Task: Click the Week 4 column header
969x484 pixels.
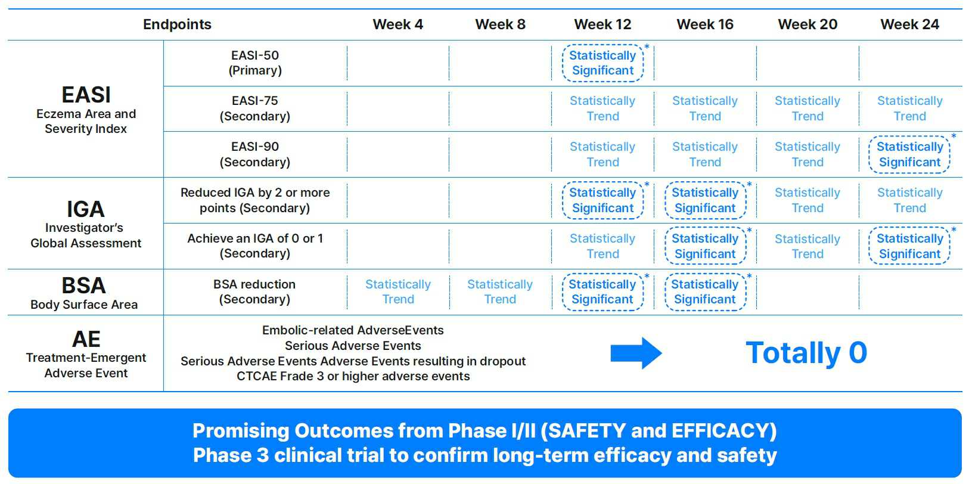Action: pyautogui.click(x=397, y=24)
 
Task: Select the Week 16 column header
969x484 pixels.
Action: pyautogui.click(x=704, y=24)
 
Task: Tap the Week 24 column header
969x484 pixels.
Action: pyautogui.click(x=910, y=24)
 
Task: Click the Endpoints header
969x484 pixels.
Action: pyautogui.click(x=177, y=24)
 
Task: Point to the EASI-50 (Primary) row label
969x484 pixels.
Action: pyautogui.click(x=255, y=63)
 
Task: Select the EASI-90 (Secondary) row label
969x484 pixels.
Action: pyautogui.click(x=255, y=154)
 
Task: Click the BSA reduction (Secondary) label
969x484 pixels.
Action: pyautogui.click(x=254, y=291)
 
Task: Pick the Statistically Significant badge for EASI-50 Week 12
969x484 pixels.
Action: pyautogui.click(x=602, y=63)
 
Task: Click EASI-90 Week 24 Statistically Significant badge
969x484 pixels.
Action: pyautogui.click(x=909, y=154)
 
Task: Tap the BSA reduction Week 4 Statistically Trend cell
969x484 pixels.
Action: pyautogui.click(x=398, y=291)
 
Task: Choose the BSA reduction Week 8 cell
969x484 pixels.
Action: pyautogui.click(x=499, y=291)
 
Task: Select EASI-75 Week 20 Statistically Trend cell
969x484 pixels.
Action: pyautogui.click(x=807, y=108)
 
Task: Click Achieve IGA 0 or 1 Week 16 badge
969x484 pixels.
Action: pyautogui.click(x=705, y=246)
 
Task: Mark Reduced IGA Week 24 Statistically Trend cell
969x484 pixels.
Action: pyautogui.click(x=910, y=200)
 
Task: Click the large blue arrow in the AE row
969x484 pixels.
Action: pyautogui.click(x=636, y=353)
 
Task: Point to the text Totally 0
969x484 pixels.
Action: pyautogui.click(x=806, y=353)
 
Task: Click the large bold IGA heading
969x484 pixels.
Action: pyautogui.click(x=86, y=209)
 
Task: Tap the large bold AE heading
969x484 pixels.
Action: pyautogui.click(x=86, y=339)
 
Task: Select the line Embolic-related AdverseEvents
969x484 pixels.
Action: pyautogui.click(x=353, y=330)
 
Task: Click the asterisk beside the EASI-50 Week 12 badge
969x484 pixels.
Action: pyautogui.click(x=647, y=46)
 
